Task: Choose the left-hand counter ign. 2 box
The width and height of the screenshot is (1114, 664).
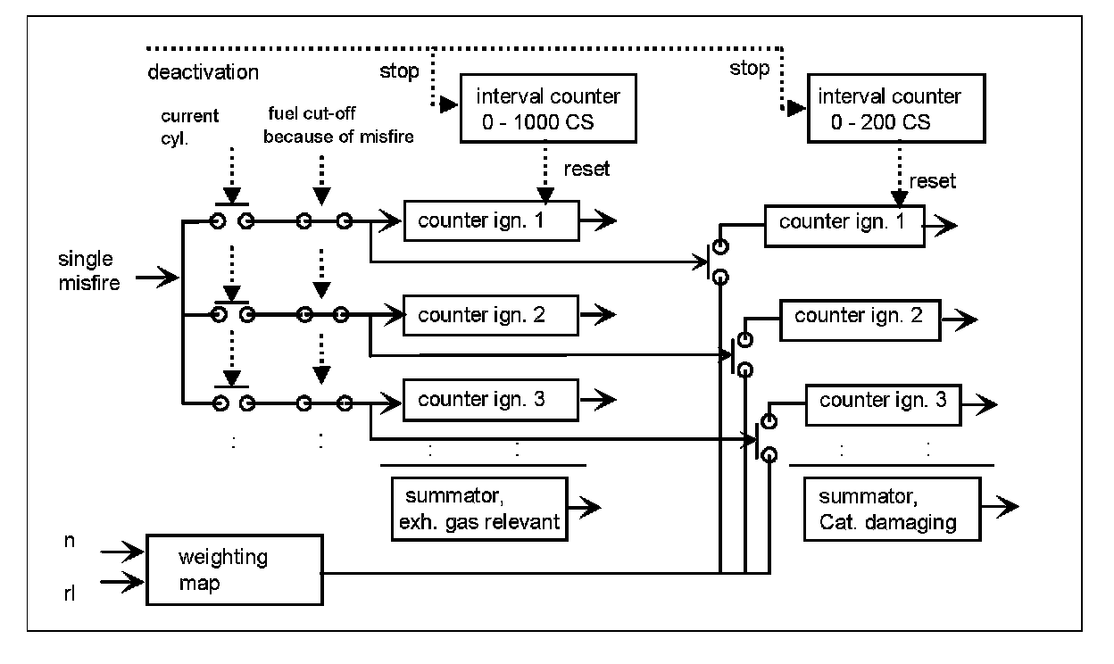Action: click(x=491, y=315)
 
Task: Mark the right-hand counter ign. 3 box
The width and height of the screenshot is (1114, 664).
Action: click(x=883, y=401)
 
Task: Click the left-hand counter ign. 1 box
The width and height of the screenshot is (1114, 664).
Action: click(x=491, y=220)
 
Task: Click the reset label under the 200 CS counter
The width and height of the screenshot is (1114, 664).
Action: click(x=932, y=181)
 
